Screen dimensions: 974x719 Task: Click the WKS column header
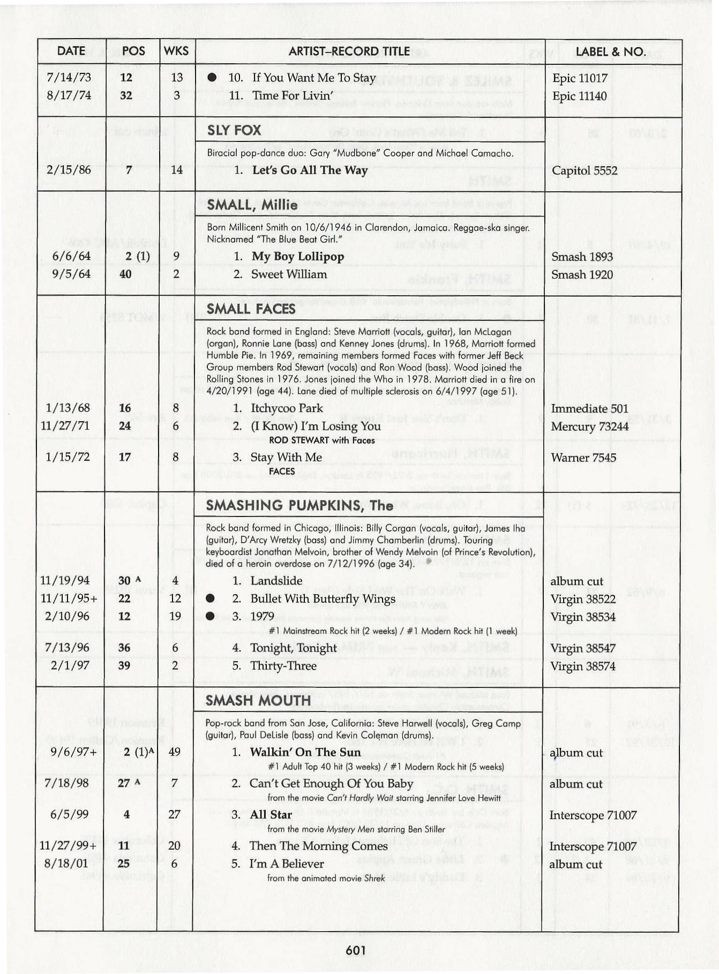[x=176, y=51]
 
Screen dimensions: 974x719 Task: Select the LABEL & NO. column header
[x=610, y=52]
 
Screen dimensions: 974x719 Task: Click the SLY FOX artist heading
[x=234, y=130]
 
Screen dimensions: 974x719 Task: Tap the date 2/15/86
[x=69, y=170]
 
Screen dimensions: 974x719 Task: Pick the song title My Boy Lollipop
[x=298, y=257]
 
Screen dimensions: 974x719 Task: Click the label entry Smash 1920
[x=582, y=275]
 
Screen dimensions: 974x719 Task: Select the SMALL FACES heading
[x=251, y=309]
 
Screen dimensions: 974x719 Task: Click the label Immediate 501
[x=589, y=409]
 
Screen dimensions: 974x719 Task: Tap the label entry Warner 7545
[x=583, y=458]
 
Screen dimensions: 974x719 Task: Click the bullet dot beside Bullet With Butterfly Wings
[x=211, y=598]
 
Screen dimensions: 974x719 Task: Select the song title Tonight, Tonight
[x=293, y=648]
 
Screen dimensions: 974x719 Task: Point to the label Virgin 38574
[x=582, y=666]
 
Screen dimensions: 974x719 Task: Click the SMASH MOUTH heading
[x=258, y=700]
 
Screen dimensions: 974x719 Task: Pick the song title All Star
[x=271, y=815]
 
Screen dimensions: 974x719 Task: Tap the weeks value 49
[x=175, y=752]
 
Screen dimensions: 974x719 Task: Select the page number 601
[x=356, y=950]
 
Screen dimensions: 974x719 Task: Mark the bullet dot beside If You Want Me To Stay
[x=212, y=78]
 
